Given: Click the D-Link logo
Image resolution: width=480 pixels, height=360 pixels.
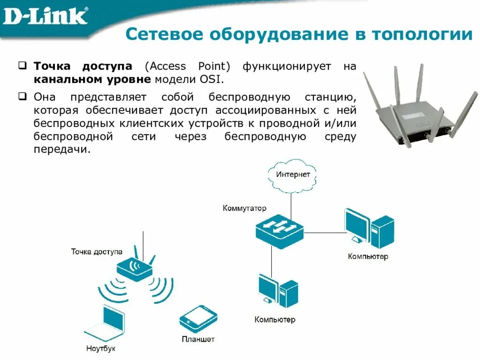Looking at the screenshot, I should click(x=45, y=16).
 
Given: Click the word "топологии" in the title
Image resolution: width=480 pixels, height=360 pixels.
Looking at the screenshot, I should click(x=422, y=35).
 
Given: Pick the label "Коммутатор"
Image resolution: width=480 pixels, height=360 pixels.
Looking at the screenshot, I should click(x=244, y=208).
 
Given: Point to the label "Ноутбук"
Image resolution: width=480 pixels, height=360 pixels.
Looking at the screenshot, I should click(x=100, y=349).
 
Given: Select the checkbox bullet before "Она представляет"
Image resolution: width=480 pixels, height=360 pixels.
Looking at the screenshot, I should click(x=23, y=97).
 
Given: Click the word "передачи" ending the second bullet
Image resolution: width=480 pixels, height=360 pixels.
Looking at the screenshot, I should click(x=61, y=150).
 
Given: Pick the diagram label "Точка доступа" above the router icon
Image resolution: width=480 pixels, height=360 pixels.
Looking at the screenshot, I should click(x=97, y=252).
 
